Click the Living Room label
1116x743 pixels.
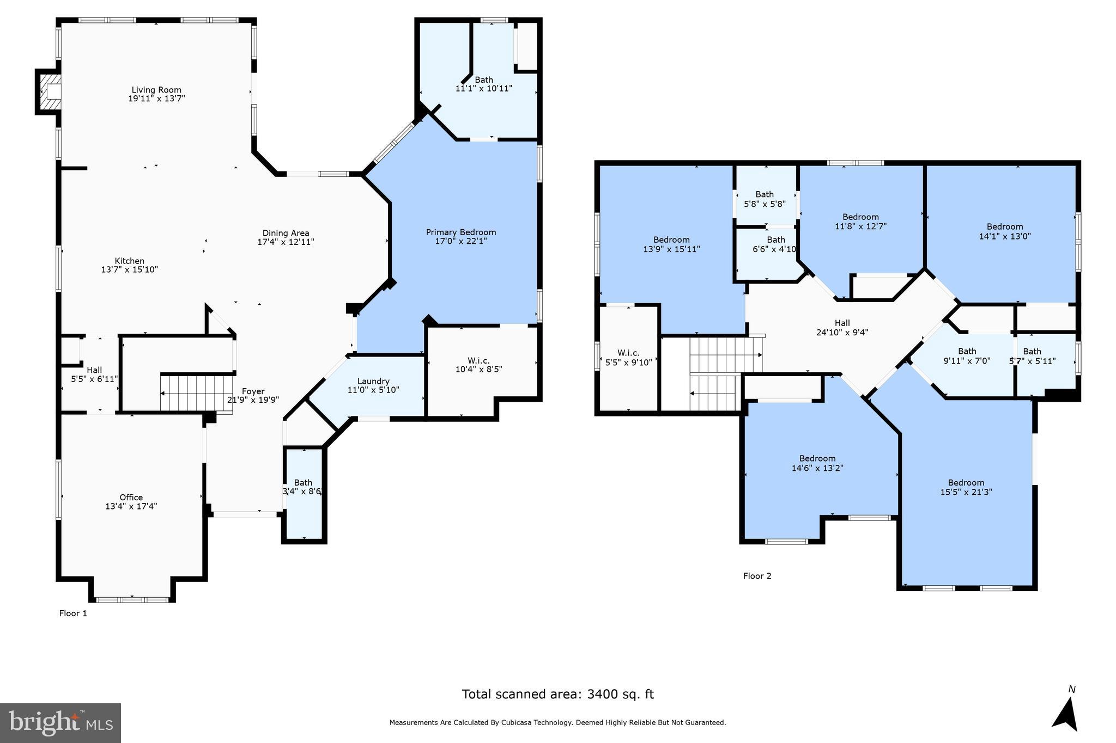[x=156, y=90]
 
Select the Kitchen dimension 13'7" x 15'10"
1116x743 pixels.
[x=130, y=269]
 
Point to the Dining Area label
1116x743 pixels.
[x=286, y=233]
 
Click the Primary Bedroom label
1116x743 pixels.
[x=460, y=232]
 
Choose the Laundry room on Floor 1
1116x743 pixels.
[x=373, y=385]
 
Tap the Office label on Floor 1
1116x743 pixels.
[x=131, y=497]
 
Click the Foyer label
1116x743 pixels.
[x=253, y=391]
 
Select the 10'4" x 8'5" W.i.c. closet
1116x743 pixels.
[x=478, y=365]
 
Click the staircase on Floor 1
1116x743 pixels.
[x=196, y=393]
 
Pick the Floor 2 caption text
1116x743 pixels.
[x=757, y=576]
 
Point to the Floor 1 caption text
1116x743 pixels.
[x=73, y=613]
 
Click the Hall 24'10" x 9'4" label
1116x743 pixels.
[x=842, y=328]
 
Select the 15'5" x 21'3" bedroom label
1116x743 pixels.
[x=966, y=487]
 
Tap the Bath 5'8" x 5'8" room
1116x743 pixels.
[x=765, y=199]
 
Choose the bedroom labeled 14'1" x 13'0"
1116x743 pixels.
[x=1004, y=231]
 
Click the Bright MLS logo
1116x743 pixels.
[x=60, y=723]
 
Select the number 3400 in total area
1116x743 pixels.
[x=603, y=694]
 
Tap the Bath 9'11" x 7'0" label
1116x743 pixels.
[x=967, y=355]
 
